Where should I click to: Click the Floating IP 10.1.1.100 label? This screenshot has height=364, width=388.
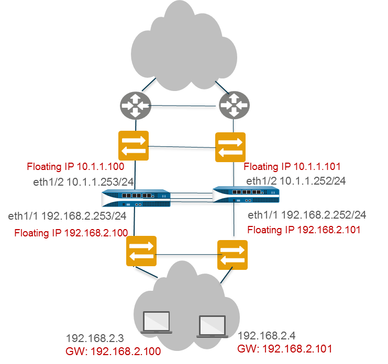coord(75,167)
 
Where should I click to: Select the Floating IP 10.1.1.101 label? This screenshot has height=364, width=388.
coord(292,167)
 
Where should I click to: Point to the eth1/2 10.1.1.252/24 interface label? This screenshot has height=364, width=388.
coord(295,181)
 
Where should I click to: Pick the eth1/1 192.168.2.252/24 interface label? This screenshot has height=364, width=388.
coord(307,215)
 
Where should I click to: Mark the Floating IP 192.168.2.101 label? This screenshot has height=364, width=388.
coord(304,230)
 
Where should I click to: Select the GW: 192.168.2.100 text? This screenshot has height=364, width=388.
coord(113,351)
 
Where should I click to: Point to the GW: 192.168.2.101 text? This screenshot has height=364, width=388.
coord(284,349)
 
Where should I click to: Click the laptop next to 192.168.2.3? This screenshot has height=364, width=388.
coord(157,323)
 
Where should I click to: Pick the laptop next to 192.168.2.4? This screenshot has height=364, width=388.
coord(212,326)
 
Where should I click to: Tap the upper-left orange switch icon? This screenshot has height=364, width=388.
coord(134,146)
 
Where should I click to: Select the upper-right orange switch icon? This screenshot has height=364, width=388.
coord(231,147)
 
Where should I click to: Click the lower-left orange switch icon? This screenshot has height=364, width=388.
coord(141,252)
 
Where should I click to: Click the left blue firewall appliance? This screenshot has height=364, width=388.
coord(136,199)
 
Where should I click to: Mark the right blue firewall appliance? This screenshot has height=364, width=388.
coord(246,195)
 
